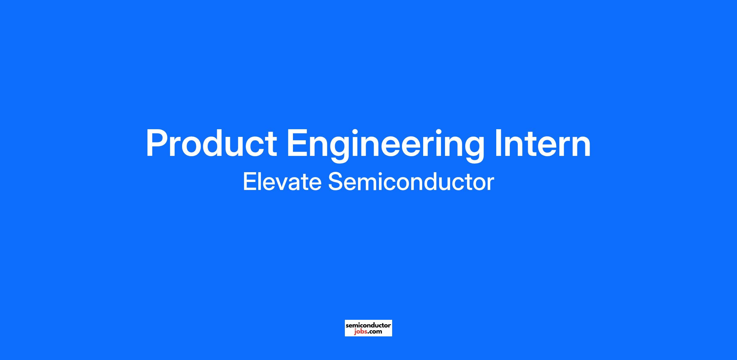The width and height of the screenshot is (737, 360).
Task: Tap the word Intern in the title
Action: [543, 143]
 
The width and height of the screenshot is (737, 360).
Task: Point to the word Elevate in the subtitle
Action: [282, 182]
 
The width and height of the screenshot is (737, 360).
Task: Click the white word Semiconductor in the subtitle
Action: [411, 182]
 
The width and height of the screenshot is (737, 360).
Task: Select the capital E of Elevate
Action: [250, 182]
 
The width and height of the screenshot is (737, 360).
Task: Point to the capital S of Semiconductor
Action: [336, 182]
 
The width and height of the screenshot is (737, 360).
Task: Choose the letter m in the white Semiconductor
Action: [369, 184]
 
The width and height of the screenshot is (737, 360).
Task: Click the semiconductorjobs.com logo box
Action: [368, 328]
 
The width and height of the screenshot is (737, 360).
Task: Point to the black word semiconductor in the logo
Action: [368, 325]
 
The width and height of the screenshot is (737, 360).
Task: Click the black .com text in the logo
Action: [375, 331]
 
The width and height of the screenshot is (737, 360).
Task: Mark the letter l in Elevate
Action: [261, 181]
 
